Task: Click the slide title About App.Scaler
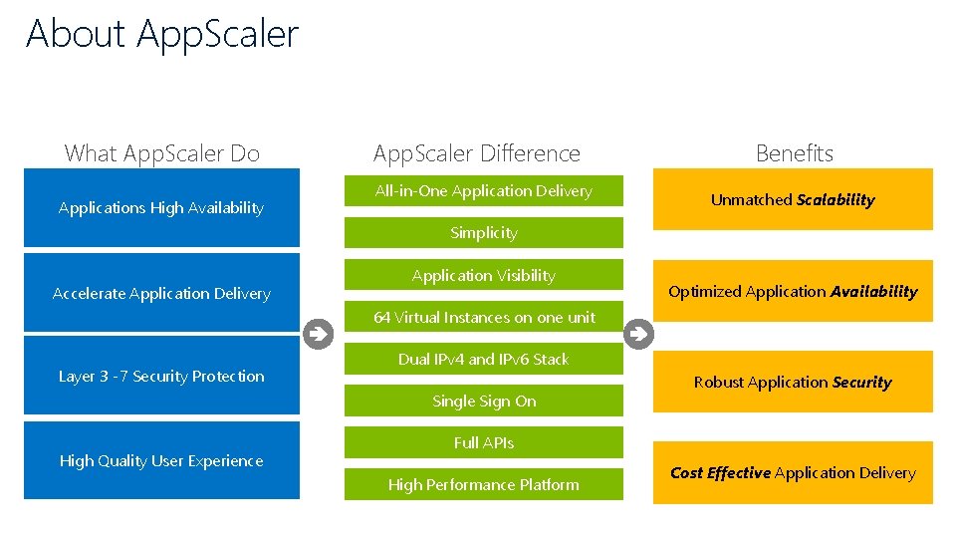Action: click(x=162, y=34)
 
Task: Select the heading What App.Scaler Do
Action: click(x=161, y=153)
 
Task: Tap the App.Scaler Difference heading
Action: click(x=476, y=153)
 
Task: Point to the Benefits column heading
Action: click(x=794, y=153)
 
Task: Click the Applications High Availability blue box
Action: click(x=161, y=208)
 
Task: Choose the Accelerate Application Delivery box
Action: click(x=161, y=294)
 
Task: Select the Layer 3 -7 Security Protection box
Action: click(x=161, y=377)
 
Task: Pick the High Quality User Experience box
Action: click(x=161, y=461)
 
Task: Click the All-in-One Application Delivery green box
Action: click(x=483, y=191)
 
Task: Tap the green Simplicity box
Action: click(x=483, y=233)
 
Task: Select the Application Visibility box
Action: click(x=483, y=276)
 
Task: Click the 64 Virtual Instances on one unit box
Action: click(x=483, y=318)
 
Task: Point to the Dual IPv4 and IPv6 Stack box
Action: click(x=483, y=360)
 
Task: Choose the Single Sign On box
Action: click(x=483, y=402)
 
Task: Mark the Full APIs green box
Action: click(x=483, y=443)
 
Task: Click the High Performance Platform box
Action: click(x=483, y=485)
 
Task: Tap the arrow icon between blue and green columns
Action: click(x=318, y=334)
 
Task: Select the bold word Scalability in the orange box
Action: click(x=836, y=200)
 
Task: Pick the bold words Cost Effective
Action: click(x=720, y=473)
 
